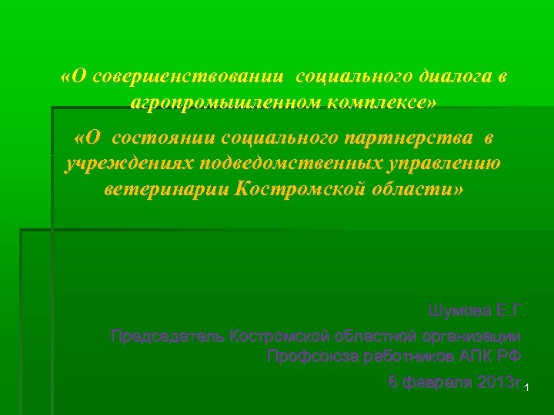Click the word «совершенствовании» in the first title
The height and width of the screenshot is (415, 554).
click(188, 78)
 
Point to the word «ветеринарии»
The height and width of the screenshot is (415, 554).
click(165, 189)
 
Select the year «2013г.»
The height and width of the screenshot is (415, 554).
click(497, 383)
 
